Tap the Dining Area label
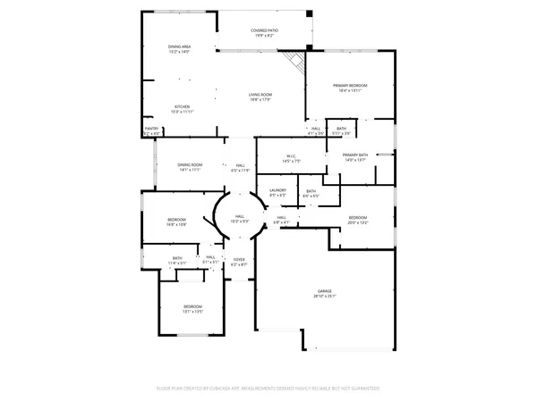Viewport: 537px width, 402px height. point(179,49)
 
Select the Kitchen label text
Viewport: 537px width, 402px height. point(182,109)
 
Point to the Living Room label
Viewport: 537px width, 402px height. point(260,97)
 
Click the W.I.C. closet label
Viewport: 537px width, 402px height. point(291,159)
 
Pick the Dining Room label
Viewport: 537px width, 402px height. point(189,167)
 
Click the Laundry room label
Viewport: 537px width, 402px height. point(277,192)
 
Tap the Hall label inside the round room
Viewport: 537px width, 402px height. point(240,218)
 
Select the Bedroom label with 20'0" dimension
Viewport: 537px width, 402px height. point(357,220)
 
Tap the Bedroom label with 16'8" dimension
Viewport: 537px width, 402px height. point(176,222)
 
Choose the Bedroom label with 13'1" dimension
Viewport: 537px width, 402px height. point(193,310)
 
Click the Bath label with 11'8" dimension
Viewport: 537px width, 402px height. point(177,261)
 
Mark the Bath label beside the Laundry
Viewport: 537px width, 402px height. point(311,194)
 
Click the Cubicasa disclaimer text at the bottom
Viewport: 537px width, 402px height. point(268,389)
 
